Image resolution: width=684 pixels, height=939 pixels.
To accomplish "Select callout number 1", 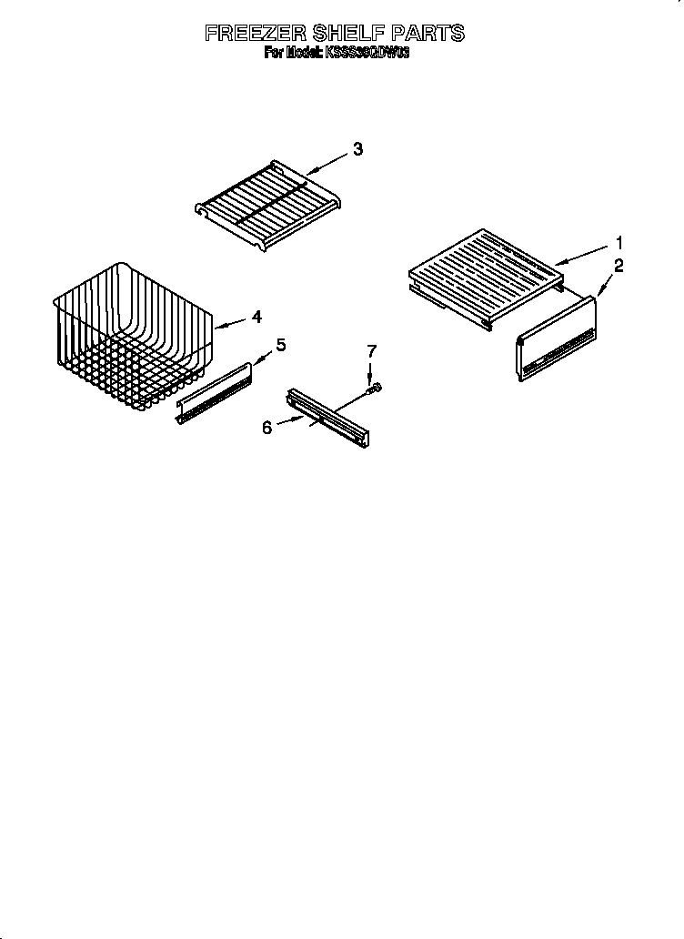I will pos(619,243).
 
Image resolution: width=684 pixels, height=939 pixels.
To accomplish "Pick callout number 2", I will pos(619,266).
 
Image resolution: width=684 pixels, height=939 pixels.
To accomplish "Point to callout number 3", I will pos(357,150).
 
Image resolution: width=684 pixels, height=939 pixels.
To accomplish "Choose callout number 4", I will pos(256,317).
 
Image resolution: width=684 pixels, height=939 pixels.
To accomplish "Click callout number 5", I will pos(281,344).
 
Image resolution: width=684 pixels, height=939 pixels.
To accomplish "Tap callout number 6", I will pos(267,427).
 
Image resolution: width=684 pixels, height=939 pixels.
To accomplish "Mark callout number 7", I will pos(370,351).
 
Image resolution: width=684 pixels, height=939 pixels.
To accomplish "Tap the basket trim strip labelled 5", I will pos(214,390).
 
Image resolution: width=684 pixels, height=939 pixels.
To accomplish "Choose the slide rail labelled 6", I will pos(327,418).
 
